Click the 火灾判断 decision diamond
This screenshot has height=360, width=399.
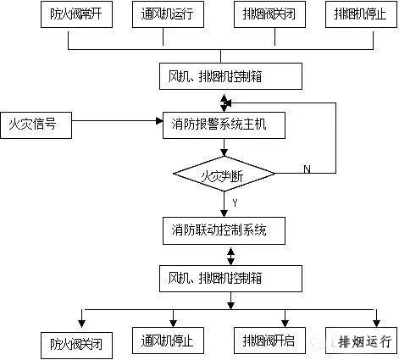click(224, 176)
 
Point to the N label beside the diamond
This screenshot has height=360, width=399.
click(307, 169)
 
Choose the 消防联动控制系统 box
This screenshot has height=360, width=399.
click(224, 229)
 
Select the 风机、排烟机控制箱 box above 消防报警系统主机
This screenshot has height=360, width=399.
click(230, 77)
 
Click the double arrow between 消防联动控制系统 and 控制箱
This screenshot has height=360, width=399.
click(224, 252)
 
